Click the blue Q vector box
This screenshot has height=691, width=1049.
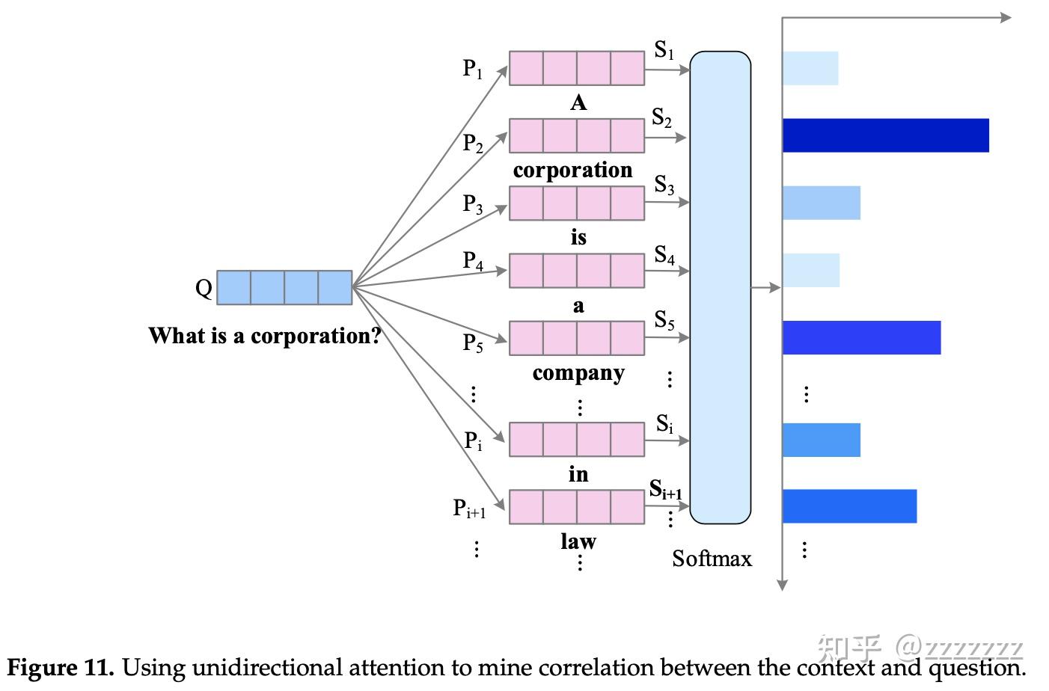pyautogui.click(x=284, y=288)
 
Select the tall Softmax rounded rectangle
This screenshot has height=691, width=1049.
pyautogui.click(x=720, y=287)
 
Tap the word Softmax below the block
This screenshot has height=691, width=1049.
pyautogui.click(x=712, y=559)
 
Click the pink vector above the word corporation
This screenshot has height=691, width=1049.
pyautogui.click(x=576, y=135)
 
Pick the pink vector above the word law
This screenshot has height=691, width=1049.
pyautogui.click(x=576, y=506)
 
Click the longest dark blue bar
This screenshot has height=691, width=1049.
pyautogui.click(x=885, y=135)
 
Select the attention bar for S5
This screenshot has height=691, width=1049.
pyautogui.click(x=861, y=337)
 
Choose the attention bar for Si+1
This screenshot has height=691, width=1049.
pyautogui.click(x=849, y=506)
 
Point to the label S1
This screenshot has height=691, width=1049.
pyautogui.click(x=664, y=50)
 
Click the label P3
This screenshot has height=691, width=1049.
pyautogui.click(x=473, y=203)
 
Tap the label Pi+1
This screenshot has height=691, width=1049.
pyautogui.click(x=469, y=509)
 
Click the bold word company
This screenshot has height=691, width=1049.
pyautogui.click(x=578, y=372)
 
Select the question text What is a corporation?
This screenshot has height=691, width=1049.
pyautogui.click(x=265, y=336)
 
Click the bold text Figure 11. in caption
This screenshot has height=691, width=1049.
pyautogui.click(x=61, y=667)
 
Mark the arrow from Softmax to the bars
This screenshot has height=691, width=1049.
pyautogui.click(x=765, y=287)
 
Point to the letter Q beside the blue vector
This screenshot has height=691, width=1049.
pyautogui.click(x=204, y=288)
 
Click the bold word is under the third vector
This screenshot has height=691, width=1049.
pyautogui.click(x=578, y=238)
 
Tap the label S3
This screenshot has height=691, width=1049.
pyautogui.click(x=664, y=185)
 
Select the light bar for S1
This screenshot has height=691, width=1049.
pyautogui.click(x=810, y=68)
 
